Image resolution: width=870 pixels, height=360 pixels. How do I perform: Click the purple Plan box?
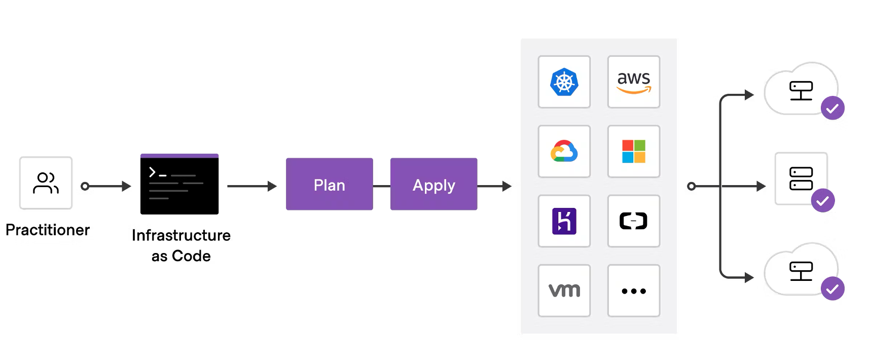pos(329,184)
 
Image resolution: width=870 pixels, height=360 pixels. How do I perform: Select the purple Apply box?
pos(433,184)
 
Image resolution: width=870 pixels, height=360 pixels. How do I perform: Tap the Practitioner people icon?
pos(46,183)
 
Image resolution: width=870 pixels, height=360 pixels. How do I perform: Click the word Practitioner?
pos(48,230)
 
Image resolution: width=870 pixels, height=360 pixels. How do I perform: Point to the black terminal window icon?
pos(179,184)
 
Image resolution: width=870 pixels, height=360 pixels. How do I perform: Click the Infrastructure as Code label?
pos(181,245)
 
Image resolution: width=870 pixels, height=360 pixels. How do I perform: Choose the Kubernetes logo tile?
pos(564,82)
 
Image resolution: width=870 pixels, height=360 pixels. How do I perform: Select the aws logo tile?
pos(633,82)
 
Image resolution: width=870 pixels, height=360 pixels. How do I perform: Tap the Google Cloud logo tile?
pos(564,151)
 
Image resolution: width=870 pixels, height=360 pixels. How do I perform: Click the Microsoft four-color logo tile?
pos(633,151)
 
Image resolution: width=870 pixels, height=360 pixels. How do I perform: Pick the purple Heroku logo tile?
pos(564,221)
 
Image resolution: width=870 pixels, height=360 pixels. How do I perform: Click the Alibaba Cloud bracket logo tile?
pos(633,221)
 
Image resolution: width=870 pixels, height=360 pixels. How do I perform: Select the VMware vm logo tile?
pos(564,291)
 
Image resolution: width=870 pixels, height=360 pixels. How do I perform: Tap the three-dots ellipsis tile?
pos(633,291)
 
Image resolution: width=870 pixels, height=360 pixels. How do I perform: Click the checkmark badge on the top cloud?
pos(832,108)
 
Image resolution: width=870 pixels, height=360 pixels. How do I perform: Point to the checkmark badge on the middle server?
pos(822,200)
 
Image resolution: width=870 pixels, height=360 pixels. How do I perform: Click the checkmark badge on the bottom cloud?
pos(832,289)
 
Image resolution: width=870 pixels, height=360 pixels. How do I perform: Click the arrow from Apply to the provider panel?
pos(494,186)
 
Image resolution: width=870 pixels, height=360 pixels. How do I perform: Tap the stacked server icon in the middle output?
pos(801,178)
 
